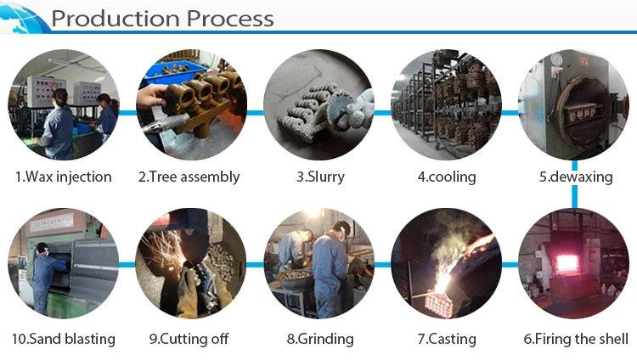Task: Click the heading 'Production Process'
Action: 162,18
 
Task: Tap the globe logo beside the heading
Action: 23,18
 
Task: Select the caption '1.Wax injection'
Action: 64,177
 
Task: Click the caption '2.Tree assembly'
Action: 189,177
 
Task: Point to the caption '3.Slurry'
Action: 318,177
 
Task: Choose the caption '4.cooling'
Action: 446,177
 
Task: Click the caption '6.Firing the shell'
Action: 575,339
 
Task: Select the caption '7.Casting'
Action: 446,339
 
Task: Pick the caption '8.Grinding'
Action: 319,339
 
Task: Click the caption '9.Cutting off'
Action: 189,339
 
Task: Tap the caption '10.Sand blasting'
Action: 64,339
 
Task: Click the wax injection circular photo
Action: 64,104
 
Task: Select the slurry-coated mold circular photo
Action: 318,104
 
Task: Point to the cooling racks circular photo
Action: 446,104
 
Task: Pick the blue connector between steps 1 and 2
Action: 127,111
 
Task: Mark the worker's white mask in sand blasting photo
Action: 40,252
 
